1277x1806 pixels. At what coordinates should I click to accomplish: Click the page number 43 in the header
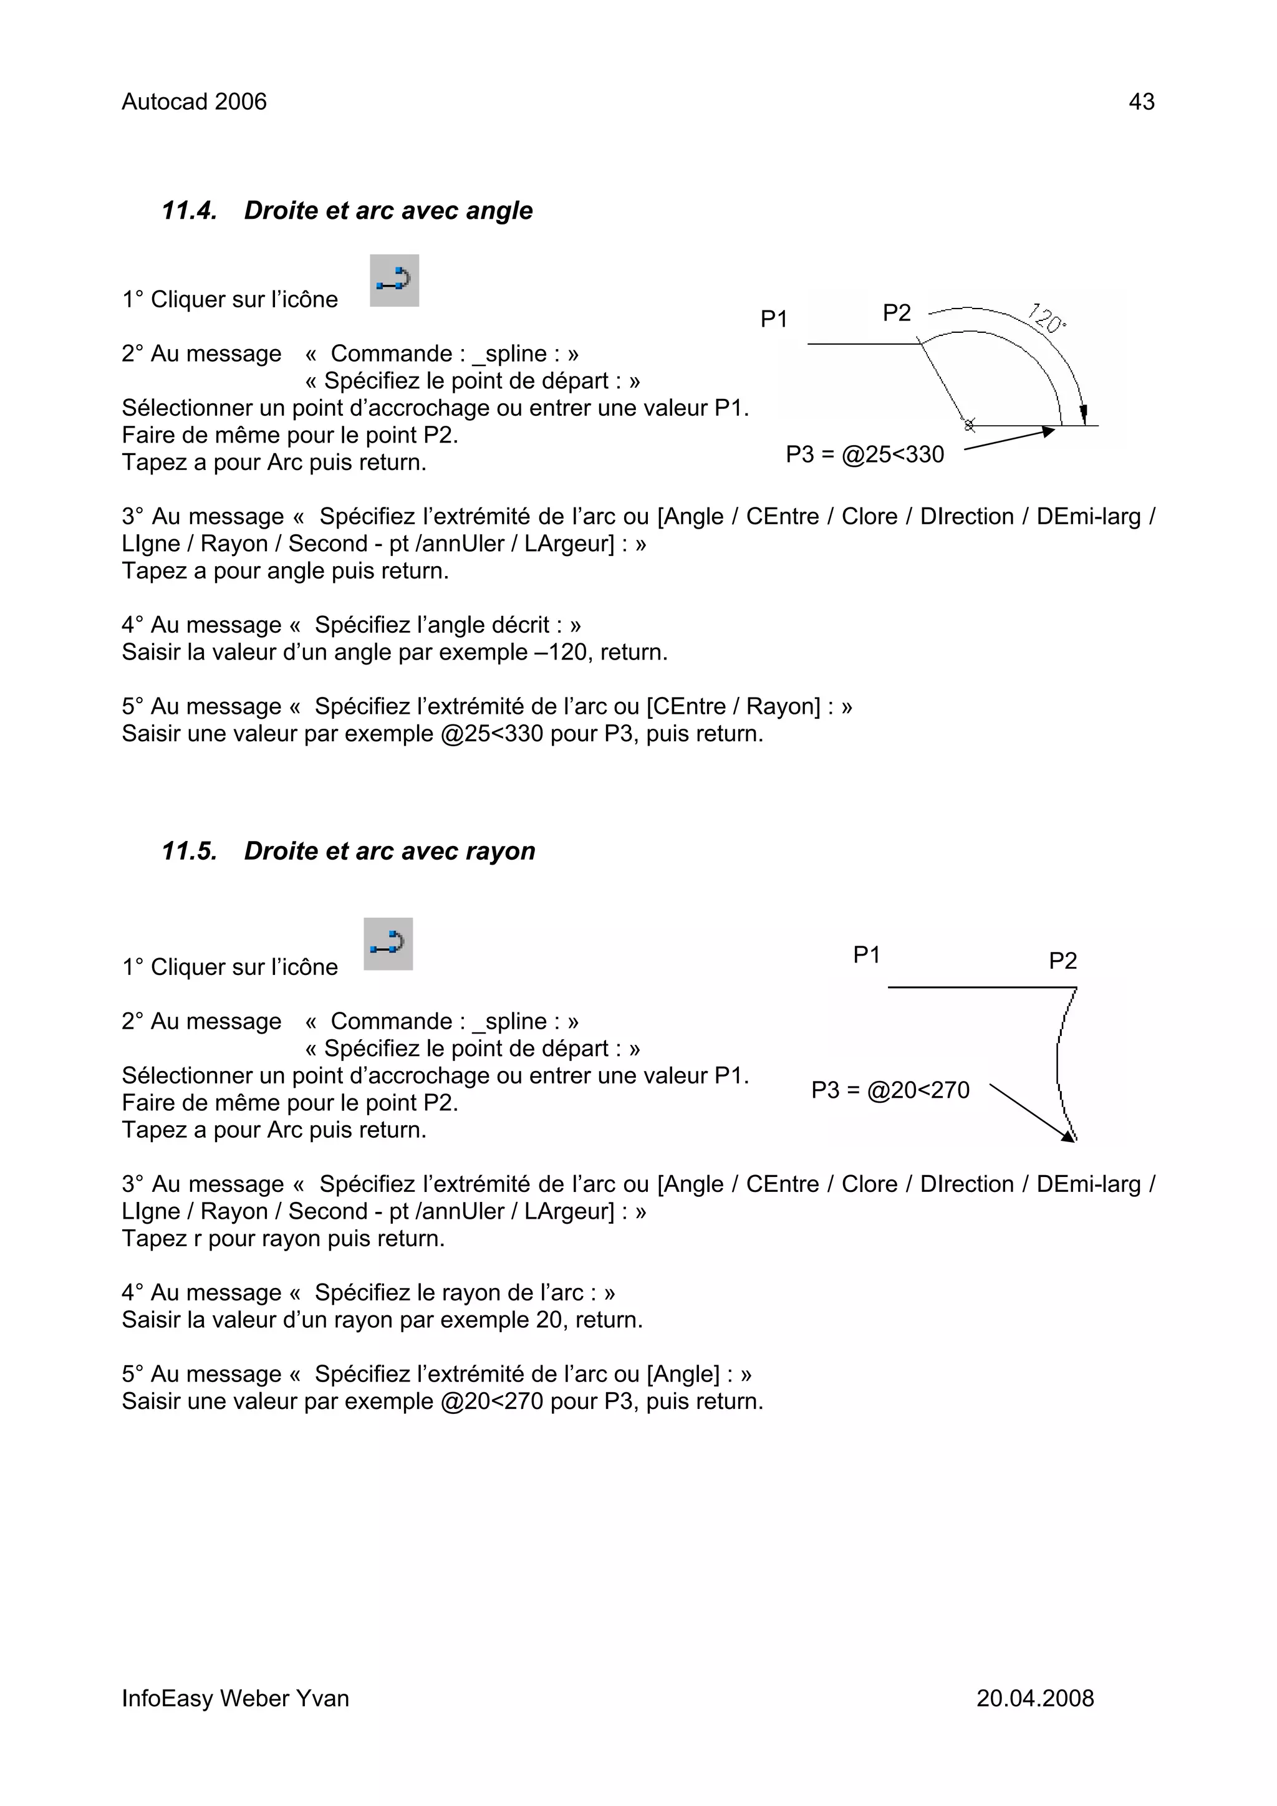coord(1141,102)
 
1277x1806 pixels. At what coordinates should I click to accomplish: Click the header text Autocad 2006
coord(193,102)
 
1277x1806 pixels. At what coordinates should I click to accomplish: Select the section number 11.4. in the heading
coord(189,211)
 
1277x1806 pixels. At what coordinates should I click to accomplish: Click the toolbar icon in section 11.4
coord(394,280)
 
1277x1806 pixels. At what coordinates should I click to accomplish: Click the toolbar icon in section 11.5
coord(388,943)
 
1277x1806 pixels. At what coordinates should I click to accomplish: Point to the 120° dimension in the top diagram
coord(1048,318)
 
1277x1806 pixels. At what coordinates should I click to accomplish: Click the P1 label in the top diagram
coord(773,319)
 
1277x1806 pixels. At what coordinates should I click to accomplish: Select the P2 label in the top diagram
coord(896,313)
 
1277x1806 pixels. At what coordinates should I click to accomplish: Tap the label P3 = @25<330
coord(865,454)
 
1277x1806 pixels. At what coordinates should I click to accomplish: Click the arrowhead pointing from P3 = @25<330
coord(1048,430)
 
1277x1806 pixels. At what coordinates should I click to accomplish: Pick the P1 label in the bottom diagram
coord(866,955)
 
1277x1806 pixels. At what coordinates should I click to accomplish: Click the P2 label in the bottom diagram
coord(1063,961)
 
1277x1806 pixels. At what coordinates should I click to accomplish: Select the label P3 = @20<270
coord(890,1090)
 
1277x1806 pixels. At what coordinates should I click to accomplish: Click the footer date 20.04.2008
coord(1034,1698)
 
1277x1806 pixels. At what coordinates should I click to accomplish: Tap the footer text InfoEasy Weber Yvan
coord(235,1698)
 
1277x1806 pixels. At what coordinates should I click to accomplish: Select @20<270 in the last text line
coord(492,1401)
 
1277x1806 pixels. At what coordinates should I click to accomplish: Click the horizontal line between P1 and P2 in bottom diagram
coord(981,987)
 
